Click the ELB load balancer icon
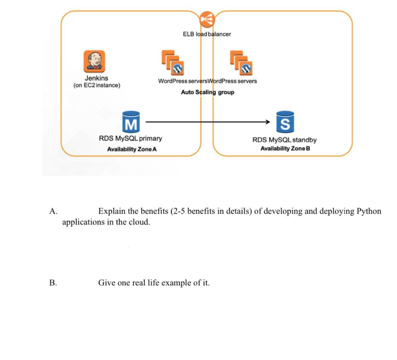pos(207,18)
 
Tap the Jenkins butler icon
pos(94,61)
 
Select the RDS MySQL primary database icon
pos(131,121)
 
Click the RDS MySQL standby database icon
pos(285,121)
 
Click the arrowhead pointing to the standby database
pos(267,122)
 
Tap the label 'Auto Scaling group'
pos(207,92)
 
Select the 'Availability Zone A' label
pos(132,149)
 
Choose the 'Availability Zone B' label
pos(285,149)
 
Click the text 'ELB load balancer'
pos(207,34)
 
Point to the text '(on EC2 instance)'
pos(97,85)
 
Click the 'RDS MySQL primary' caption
pos(131,138)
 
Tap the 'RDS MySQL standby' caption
pos(285,140)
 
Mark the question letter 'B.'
pos(53,283)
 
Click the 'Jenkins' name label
pos(97,78)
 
